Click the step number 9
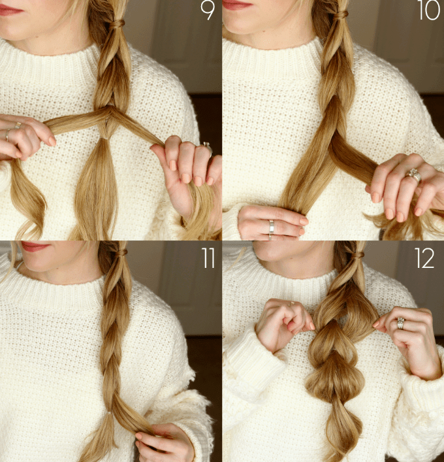(207, 10)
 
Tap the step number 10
(429, 10)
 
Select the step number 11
(208, 258)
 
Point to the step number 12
(424, 258)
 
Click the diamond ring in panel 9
(207, 146)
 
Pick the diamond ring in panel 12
(400, 323)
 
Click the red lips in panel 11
(34, 246)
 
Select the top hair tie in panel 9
(118, 24)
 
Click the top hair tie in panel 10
(341, 14)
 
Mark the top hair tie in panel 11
(121, 253)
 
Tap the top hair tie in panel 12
(357, 254)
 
